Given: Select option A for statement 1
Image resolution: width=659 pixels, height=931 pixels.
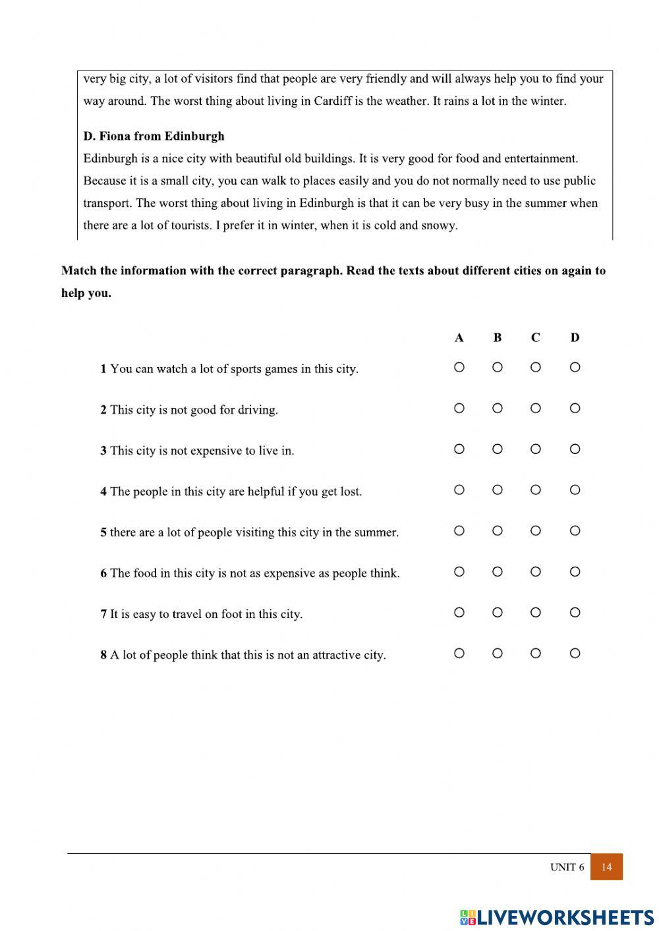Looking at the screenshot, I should pyautogui.click(x=459, y=367).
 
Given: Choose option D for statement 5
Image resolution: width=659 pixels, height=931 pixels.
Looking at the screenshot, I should pyautogui.click(x=575, y=530).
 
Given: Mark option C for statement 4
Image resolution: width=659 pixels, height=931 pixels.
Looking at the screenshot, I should pyautogui.click(x=535, y=490).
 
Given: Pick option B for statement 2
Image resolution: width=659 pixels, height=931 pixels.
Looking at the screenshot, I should pyautogui.click(x=497, y=408).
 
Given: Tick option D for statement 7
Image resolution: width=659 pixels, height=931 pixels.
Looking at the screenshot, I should pyautogui.click(x=575, y=612).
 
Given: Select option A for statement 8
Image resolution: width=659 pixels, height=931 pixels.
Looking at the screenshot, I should pyautogui.click(x=459, y=653).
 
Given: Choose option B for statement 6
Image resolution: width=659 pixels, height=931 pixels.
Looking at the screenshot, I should pyautogui.click(x=497, y=571).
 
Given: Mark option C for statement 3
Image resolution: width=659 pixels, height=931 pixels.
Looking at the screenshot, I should pyautogui.click(x=535, y=449).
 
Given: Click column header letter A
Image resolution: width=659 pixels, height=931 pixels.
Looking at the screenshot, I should pyautogui.click(x=459, y=338).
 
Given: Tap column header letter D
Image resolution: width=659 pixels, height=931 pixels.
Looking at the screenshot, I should pyautogui.click(x=575, y=338).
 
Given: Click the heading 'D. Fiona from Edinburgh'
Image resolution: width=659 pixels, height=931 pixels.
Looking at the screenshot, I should pyautogui.click(x=154, y=136).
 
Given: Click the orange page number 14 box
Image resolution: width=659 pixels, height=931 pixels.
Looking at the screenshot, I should pyautogui.click(x=606, y=867).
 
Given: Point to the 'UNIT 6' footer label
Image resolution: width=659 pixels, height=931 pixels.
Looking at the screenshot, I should pyautogui.click(x=567, y=867).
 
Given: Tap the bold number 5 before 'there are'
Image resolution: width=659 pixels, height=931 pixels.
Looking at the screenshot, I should pyautogui.click(x=103, y=532).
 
